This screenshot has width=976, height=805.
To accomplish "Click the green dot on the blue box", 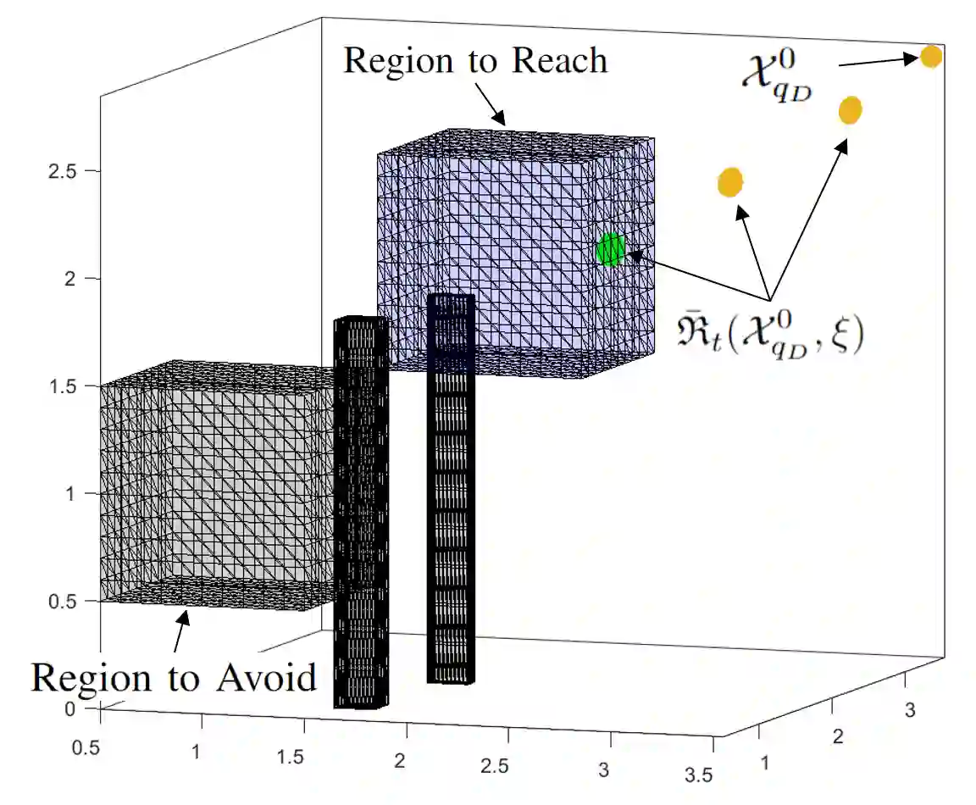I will (610, 249).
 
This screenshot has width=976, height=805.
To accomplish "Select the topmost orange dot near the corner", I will (930, 57).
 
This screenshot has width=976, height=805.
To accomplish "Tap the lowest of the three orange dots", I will (729, 182).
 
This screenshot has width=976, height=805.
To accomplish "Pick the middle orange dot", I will (850, 110).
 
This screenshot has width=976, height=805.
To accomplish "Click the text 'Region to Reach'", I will (475, 61).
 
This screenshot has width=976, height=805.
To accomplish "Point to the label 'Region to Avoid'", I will (174, 678).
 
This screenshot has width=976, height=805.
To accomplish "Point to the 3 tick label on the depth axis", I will (911, 710).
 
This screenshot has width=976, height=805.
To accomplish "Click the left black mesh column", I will (360, 508).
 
